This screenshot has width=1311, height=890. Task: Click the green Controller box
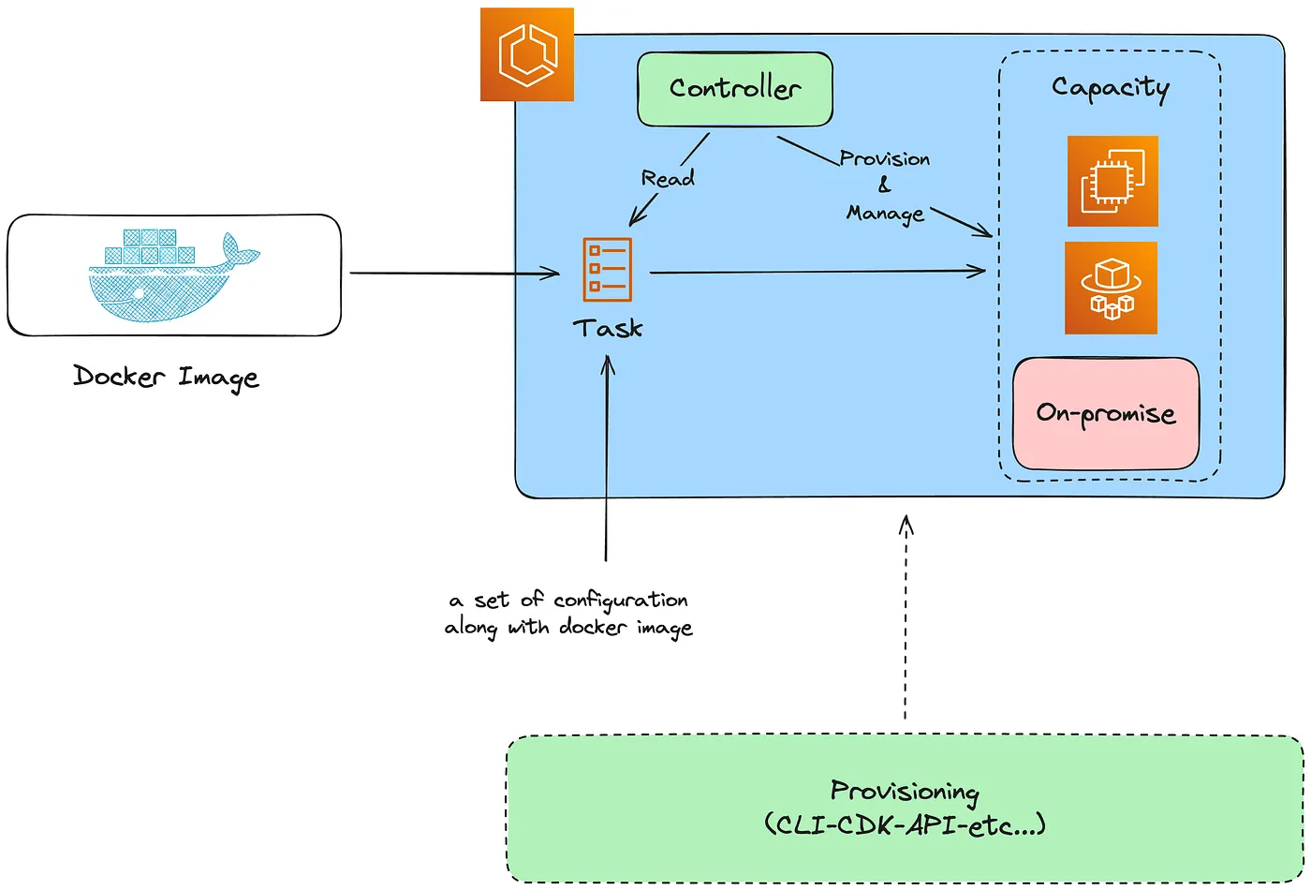click(735, 89)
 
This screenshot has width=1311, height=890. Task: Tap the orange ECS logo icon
click(527, 54)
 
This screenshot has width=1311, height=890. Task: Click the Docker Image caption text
click(166, 378)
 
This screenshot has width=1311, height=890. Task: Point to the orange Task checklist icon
click(607, 270)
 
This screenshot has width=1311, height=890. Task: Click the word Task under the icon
click(608, 329)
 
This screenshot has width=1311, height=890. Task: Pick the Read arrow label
click(668, 178)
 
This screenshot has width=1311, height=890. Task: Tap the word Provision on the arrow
click(885, 158)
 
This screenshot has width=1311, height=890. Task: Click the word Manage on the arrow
click(885, 215)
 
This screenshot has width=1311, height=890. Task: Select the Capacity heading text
click(1110, 88)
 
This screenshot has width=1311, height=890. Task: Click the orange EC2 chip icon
click(1112, 182)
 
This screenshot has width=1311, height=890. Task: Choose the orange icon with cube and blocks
click(1111, 289)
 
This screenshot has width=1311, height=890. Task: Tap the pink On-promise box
click(1106, 413)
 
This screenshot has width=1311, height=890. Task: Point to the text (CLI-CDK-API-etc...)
click(905, 825)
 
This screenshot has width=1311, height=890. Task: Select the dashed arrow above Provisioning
click(906, 618)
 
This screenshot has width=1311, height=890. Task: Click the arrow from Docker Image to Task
click(454, 274)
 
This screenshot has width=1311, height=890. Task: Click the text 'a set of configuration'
click(568, 600)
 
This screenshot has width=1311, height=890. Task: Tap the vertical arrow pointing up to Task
click(607, 459)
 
